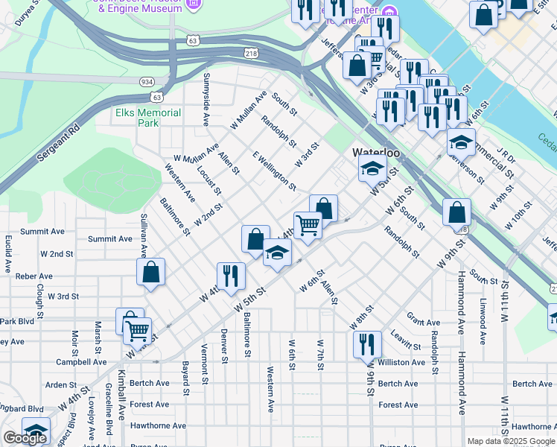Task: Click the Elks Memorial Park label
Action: point(148,118)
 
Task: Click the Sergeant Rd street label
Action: point(57,146)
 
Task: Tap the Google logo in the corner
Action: point(25,438)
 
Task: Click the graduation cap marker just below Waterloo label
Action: point(372,169)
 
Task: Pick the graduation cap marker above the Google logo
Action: point(36,430)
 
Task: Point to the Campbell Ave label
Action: point(81,362)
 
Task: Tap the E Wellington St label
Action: point(275,171)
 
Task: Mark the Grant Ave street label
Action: point(424,323)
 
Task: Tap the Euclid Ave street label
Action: point(8,253)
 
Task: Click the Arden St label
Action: point(57,385)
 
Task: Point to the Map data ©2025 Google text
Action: point(511,441)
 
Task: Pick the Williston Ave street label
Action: point(401,362)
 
